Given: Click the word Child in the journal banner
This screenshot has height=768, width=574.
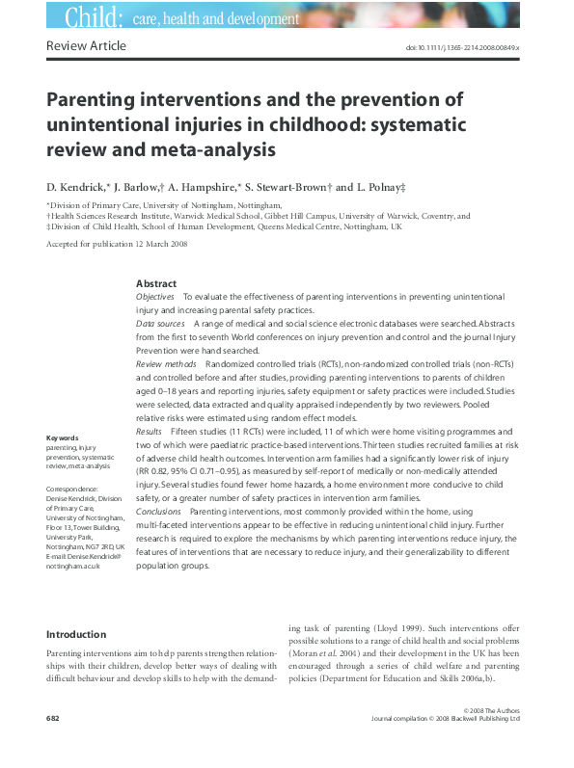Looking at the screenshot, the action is [94, 16].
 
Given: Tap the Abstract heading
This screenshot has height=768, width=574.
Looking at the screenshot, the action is [156, 283].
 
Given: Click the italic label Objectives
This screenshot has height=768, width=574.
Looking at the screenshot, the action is [156, 298].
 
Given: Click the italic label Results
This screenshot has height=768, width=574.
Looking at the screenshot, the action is [150, 434].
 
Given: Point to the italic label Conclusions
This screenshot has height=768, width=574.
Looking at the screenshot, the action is [158, 511].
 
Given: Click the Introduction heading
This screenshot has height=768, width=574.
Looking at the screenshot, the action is [76, 635].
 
